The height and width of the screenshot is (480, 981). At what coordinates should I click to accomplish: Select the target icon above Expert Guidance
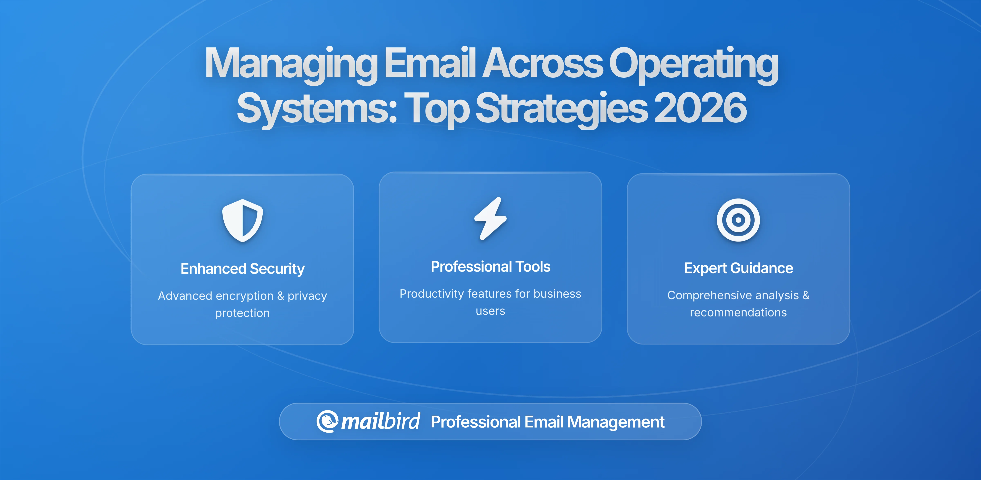coord(738,220)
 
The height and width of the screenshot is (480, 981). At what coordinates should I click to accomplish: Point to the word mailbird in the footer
coord(380,421)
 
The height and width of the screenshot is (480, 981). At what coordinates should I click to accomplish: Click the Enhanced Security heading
coord(243,269)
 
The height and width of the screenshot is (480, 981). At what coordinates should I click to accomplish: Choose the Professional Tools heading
coord(490,267)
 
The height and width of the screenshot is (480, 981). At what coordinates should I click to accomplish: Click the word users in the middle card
coord(490,311)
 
